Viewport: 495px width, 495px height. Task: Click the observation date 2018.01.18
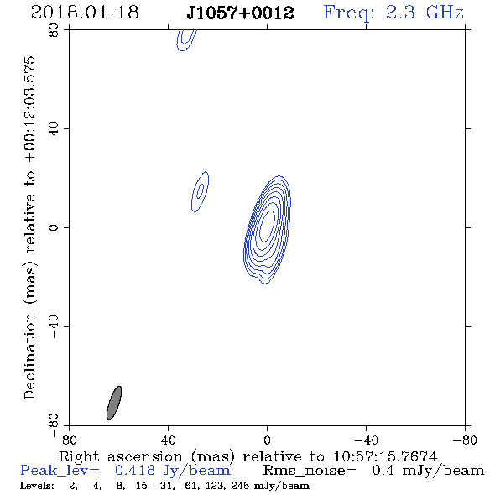tap(85, 13)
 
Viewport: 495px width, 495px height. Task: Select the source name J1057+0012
tap(240, 13)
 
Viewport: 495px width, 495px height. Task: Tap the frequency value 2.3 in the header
tap(400, 13)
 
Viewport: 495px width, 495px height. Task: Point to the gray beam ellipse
tap(114, 404)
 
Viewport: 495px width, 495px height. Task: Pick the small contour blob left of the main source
tap(201, 191)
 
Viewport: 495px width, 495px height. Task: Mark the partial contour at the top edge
tap(186, 39)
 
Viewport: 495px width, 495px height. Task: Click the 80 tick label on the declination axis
tap(54, 30)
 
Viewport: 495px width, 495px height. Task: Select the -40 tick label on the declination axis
tap(54, 326)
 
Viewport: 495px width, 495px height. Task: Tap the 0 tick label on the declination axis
tap(54, 227)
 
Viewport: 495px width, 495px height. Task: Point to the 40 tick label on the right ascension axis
tap(168, 440)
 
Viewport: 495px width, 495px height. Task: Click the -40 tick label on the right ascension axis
tap(366, 440)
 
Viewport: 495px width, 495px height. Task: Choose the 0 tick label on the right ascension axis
tap(267, 440)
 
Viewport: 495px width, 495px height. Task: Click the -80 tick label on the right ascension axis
tap(465, 440)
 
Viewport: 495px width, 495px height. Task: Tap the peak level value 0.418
tap(135, 471)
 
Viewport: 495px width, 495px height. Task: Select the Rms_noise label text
tap(310, 471)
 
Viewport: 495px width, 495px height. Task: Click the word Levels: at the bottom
tap(37, 486)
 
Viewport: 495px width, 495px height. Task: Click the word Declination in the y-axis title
tap(29, 356)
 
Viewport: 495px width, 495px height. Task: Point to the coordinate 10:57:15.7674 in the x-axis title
tap(385, 456)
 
